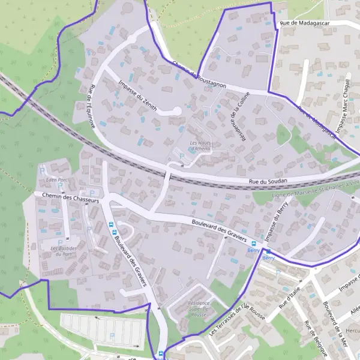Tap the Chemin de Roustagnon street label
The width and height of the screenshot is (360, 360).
(x=198, y=74)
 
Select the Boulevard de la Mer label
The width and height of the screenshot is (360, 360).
(x=335, y=323)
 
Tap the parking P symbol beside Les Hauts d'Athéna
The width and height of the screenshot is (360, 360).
(x=182, y=157)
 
